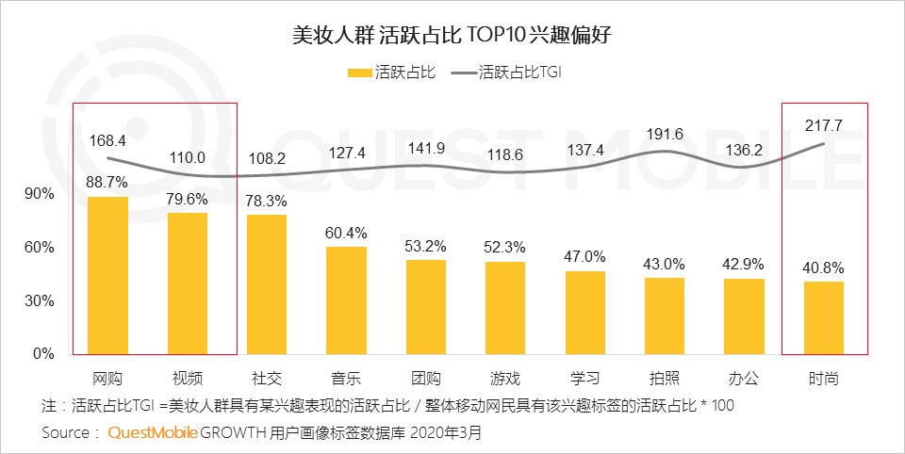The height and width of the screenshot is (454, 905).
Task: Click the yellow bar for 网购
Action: tap(107, 275)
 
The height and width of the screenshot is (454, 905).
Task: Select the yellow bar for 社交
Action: tap(267, 284)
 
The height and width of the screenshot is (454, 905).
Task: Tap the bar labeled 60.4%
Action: tap(346, 300)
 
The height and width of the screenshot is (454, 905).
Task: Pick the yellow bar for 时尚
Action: tap(824, 317)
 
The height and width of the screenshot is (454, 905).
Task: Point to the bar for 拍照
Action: tap(665, 316)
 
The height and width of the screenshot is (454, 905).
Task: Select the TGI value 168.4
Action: tap(108, 139)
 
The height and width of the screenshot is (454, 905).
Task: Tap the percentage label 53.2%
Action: tap(426, 246)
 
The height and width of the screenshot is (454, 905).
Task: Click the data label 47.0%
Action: tap(585, 256)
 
